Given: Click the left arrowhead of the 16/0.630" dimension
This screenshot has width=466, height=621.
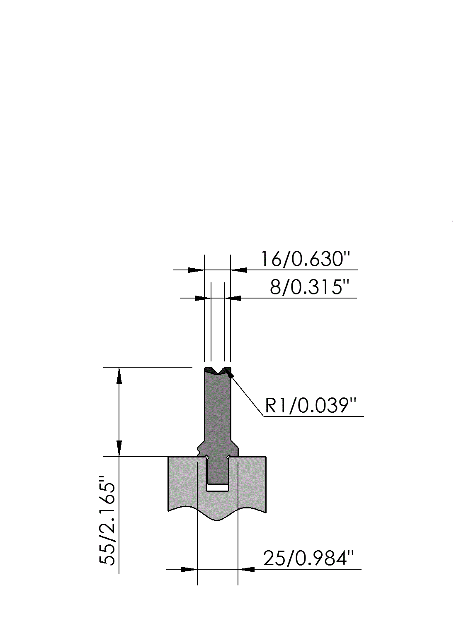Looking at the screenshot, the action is (197, 270).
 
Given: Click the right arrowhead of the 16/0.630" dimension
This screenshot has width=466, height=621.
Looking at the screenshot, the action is (238, 270).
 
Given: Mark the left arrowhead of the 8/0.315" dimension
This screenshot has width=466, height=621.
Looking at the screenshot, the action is (203, 298).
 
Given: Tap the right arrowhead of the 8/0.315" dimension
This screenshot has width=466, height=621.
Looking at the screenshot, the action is (233, 298).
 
